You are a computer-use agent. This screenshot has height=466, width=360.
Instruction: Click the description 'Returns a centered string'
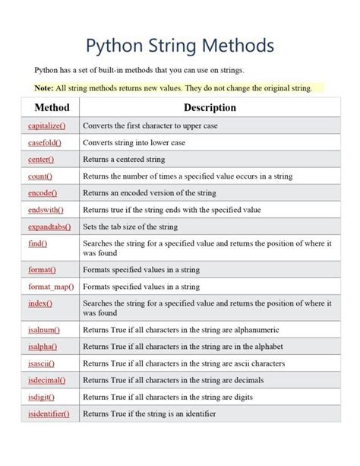125,160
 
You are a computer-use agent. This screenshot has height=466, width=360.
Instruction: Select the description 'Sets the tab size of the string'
130,227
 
